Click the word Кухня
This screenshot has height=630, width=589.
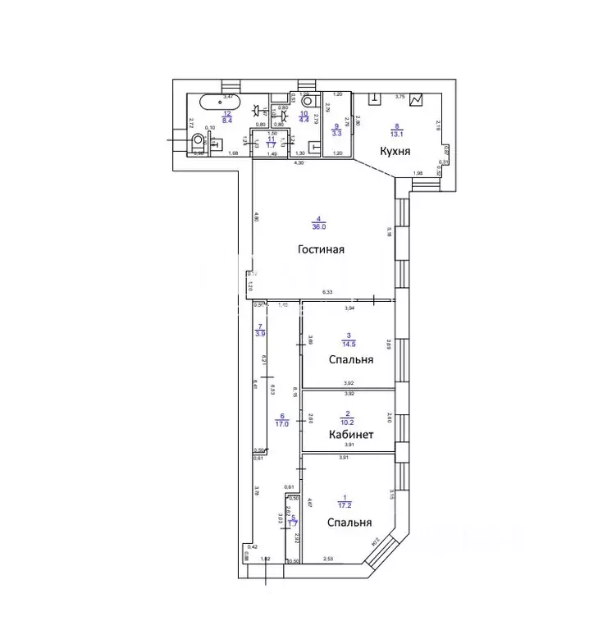coord(394,152)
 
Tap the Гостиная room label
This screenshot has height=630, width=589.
coord(321,249)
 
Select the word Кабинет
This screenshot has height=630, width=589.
coord(351,435)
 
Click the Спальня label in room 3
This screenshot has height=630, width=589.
coord(351,359)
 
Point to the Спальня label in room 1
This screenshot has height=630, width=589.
coord(349,523)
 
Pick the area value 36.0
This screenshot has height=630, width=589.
coord(319,227)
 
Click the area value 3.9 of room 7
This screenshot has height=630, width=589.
coord(259,334)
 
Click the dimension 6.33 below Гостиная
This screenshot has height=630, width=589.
coord(327,291)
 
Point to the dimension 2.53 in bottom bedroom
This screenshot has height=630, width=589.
coord(327,559)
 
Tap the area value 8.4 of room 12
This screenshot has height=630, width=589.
coord(226,120)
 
